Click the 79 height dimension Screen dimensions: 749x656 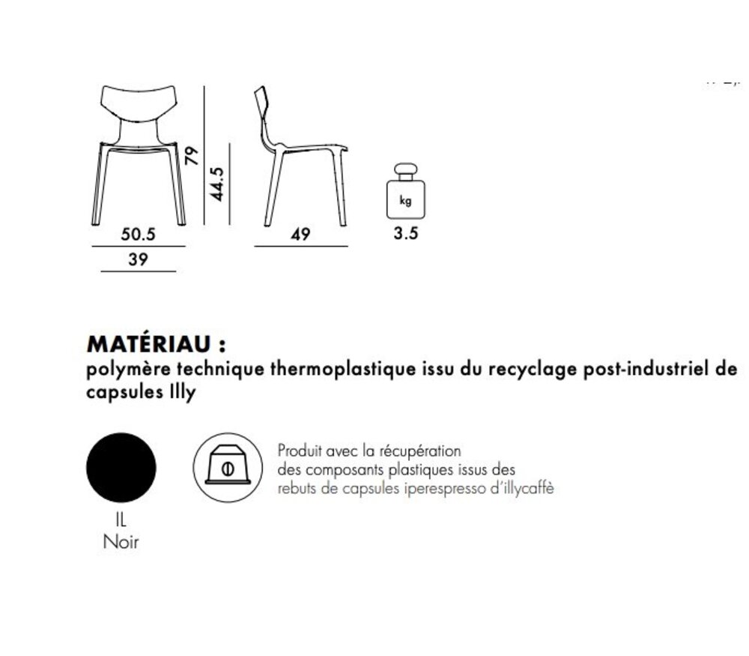[x=192, y=156]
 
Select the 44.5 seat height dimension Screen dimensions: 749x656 [x=217, y=184]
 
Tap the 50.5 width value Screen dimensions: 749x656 [x=138, y=234]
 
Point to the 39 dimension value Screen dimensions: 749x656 [x=138, y=259]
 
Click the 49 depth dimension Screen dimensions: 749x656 [x=300, y=234]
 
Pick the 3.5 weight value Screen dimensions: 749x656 [x=406, y=233]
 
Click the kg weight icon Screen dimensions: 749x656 [x=405, y=191]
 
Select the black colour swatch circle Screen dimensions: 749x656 [x=121, y=468]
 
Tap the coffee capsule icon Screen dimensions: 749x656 [x=228, y=468]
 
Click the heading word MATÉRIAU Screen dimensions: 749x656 [x=148, y=344]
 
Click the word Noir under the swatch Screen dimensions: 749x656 [x=121, y=542]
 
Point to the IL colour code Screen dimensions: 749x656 [x=121, y=520]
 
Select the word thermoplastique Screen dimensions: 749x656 [x=343, y=370]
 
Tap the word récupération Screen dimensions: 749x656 [x=420, y=451]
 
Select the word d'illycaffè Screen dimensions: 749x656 [x=522, y=488]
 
